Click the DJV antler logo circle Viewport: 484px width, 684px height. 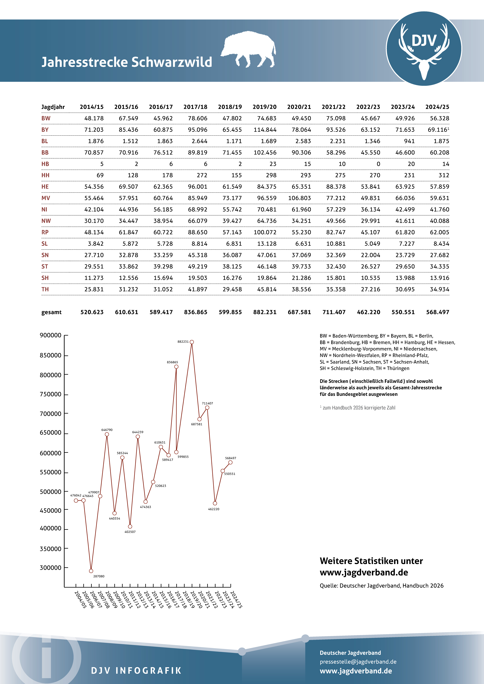click(x=424, y=49)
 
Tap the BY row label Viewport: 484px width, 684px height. click(x=45, y=130)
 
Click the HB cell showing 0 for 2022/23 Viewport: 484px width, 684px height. click(x=378, y=164)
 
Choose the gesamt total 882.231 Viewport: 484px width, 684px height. click(x=265, y=312)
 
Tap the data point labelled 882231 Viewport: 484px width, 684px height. click(x=192, y=342)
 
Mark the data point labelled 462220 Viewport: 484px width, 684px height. click(x=215, y=503)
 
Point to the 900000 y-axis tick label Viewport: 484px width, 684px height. click(x=50, y=335)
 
